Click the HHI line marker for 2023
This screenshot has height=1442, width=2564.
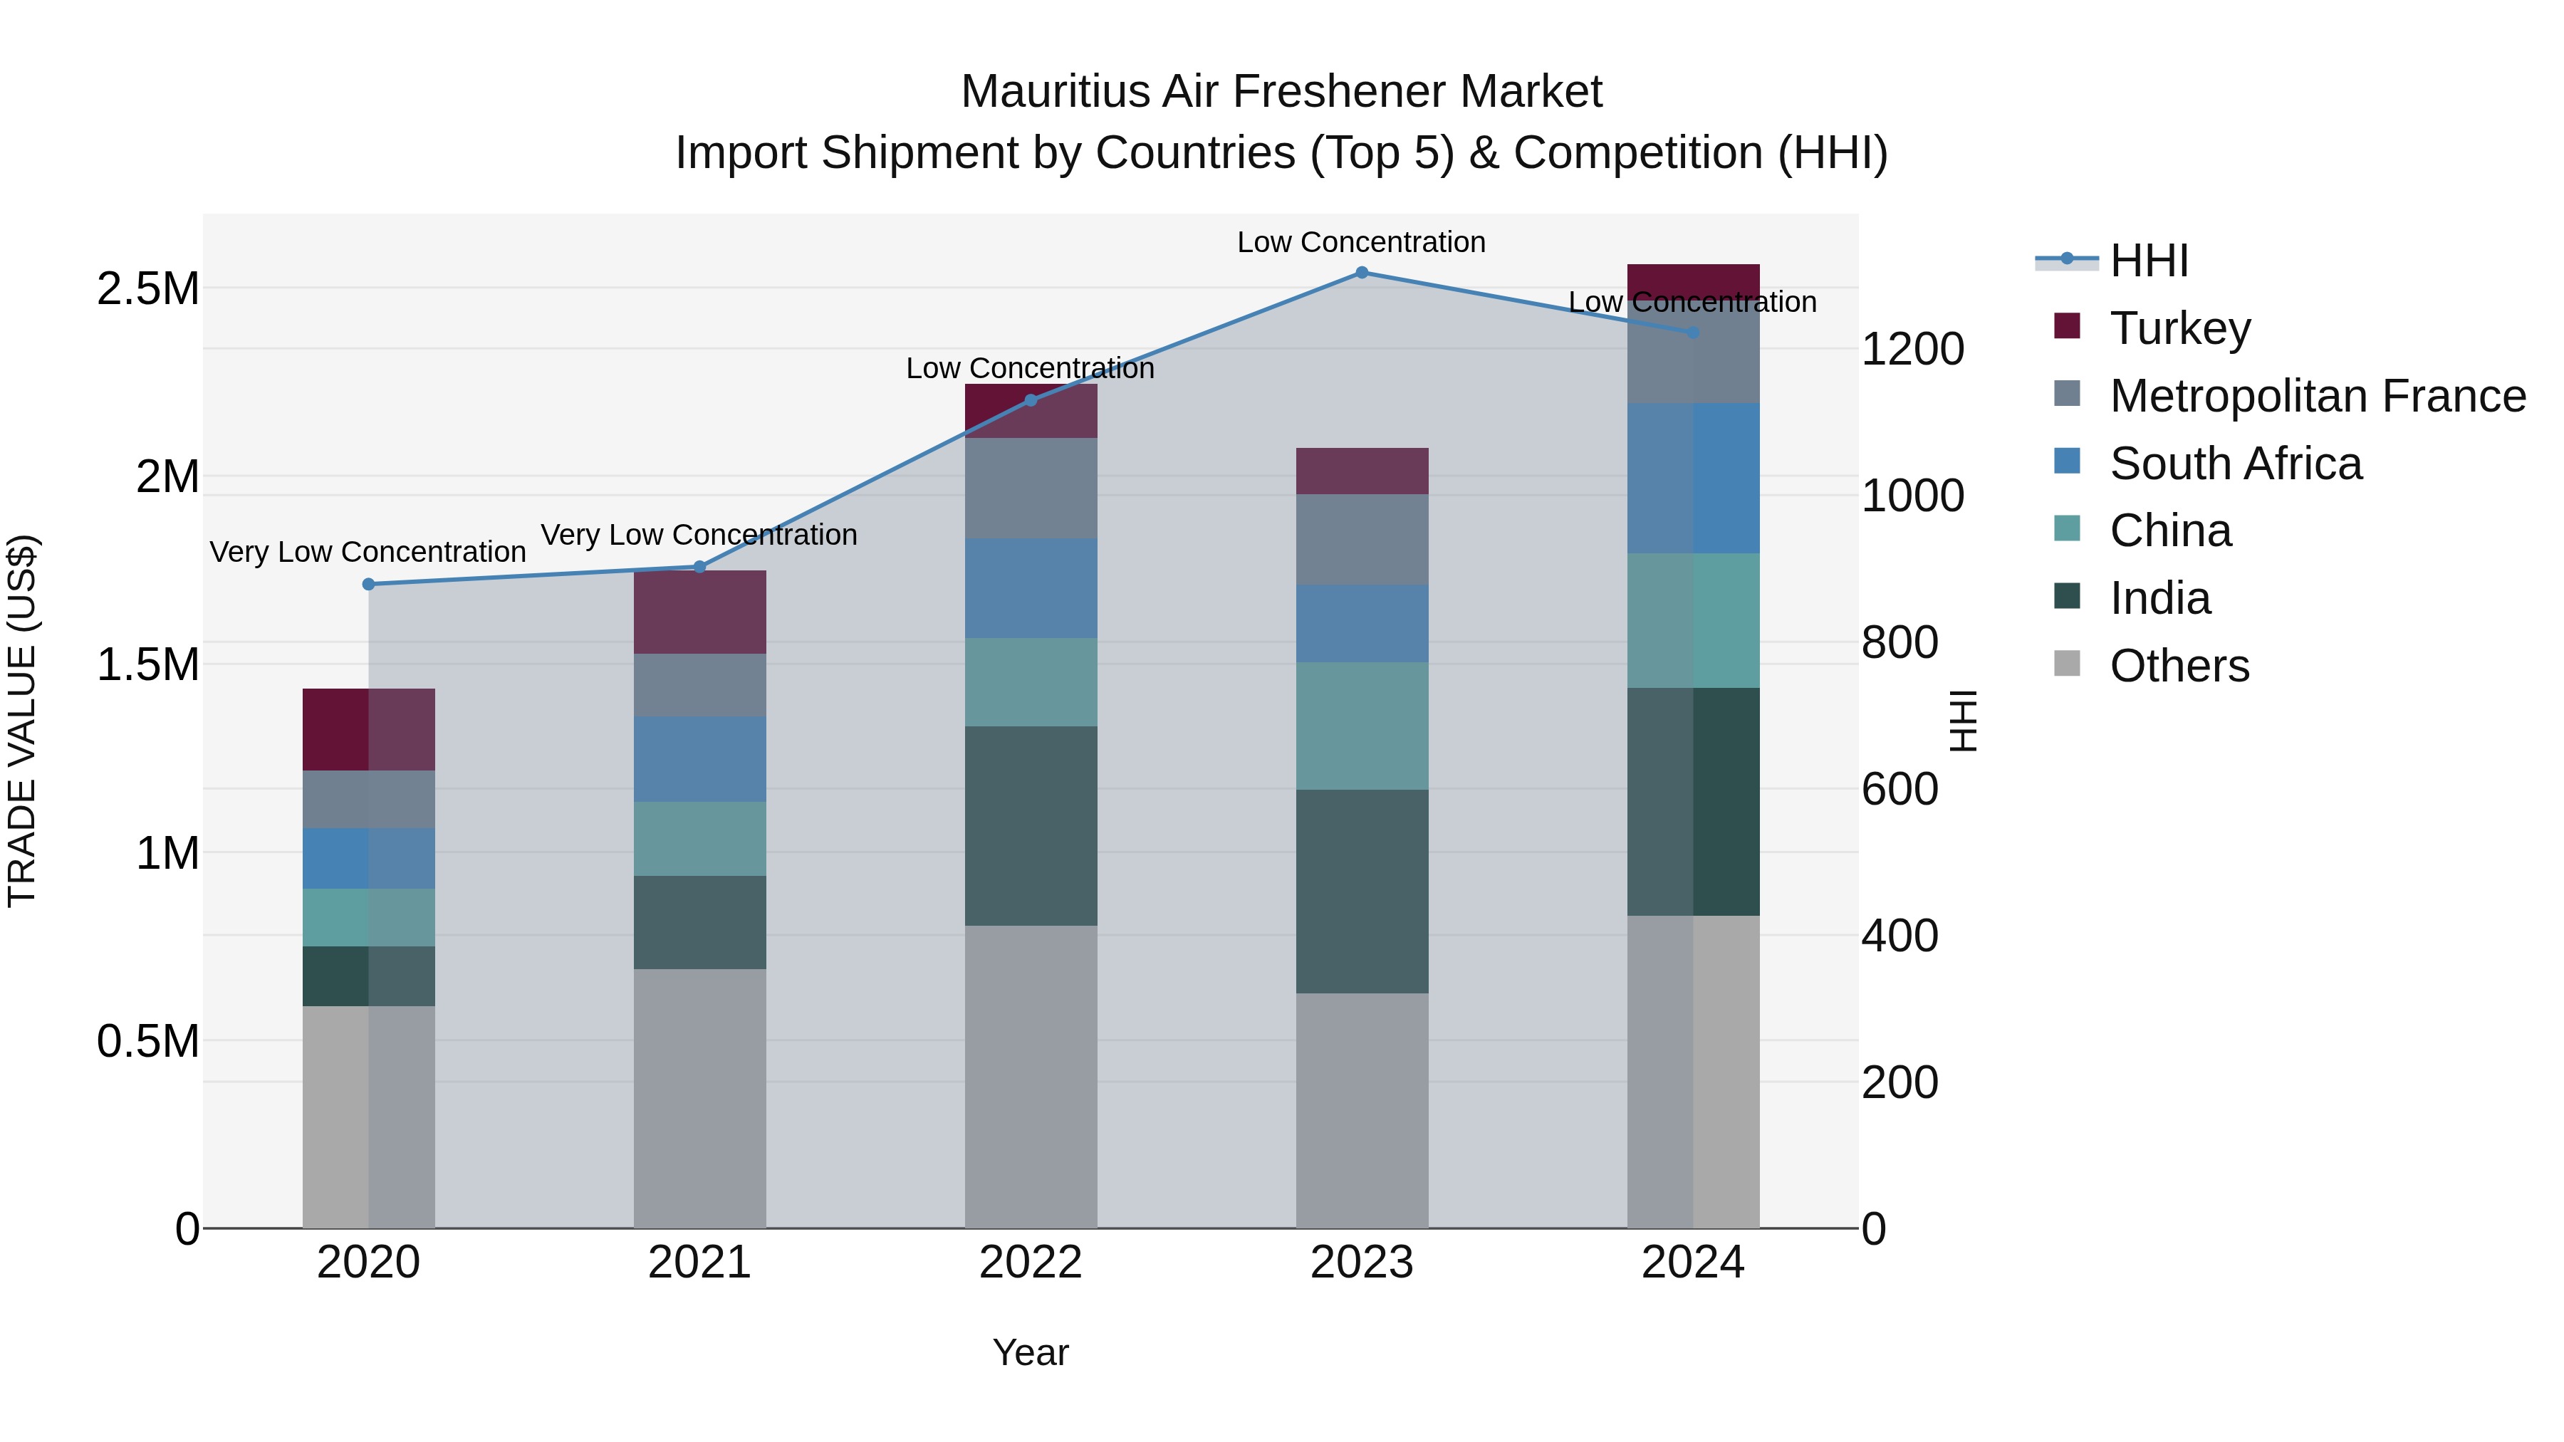point(1362,273)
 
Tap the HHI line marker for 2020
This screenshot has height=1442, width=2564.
point(368,584)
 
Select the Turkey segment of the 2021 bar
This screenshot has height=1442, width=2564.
point(699,612)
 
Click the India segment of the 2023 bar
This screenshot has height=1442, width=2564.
point(1362,891)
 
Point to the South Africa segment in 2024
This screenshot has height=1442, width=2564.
point(1693,478)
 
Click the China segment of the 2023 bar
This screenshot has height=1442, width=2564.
point(1362,726)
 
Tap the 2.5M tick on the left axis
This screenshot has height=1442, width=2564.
point(147,290)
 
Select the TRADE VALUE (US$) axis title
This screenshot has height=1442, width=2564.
point(22,721)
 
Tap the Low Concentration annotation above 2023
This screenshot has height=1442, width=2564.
point(1362,242)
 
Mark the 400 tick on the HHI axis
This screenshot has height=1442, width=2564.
point(1899,936)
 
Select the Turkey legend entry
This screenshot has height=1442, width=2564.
point(2180,328)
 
